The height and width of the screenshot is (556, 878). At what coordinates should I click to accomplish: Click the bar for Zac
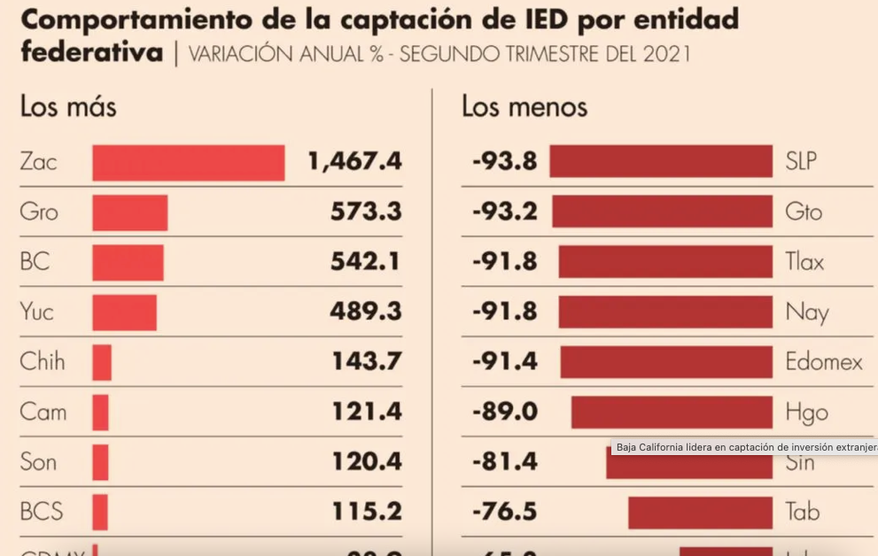coord(188,163)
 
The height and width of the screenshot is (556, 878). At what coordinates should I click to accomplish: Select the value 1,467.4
coord(354,161)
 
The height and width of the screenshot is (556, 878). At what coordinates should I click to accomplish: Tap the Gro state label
coord(39,212)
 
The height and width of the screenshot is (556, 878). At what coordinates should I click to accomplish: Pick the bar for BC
coord(128,263)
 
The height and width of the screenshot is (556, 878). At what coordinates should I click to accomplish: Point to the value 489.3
coord(367,312)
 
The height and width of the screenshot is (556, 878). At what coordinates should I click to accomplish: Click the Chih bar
coord(102,362)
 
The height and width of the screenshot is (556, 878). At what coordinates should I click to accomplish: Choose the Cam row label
coord(43,412)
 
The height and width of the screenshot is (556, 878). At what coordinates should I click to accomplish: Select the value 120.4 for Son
coord(367,461)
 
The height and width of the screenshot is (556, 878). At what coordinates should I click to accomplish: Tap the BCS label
coord(42,512)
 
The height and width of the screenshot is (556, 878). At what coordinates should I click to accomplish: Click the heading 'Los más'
coord(68,107)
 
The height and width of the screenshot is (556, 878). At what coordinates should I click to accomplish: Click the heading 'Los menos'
coord(524,107)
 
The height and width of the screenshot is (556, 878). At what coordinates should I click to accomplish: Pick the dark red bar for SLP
coord(660,161)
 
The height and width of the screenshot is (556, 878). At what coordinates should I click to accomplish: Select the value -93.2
coord(504,212)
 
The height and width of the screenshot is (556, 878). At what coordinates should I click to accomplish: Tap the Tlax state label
coord(804,262)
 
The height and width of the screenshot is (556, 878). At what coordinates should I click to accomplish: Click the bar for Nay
coord(664,312)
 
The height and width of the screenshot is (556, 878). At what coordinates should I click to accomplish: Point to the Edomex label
coord(824,361)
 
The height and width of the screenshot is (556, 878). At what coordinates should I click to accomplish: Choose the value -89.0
coord(504,412)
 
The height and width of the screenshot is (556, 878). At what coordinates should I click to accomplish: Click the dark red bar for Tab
coord(700,512)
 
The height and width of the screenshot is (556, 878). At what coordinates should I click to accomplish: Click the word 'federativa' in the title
coord(92,52)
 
